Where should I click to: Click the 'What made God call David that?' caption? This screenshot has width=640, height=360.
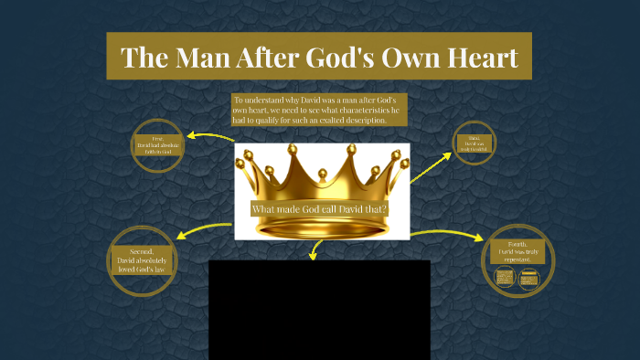pos(320,209)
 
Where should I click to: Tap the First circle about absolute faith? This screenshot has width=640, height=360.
pos(158,144)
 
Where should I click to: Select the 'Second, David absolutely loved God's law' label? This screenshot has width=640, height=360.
pos(143,260)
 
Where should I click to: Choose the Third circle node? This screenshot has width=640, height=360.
pos(475,143)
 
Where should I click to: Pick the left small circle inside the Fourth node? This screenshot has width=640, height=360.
pos(504,278)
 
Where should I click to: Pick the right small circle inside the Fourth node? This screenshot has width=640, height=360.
pos(528,278)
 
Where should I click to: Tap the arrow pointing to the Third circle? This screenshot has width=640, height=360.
pos(430,166)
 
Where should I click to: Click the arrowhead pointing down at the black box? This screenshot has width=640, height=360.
pos(314,255)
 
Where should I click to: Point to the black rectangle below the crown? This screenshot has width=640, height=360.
pos(319,310)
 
